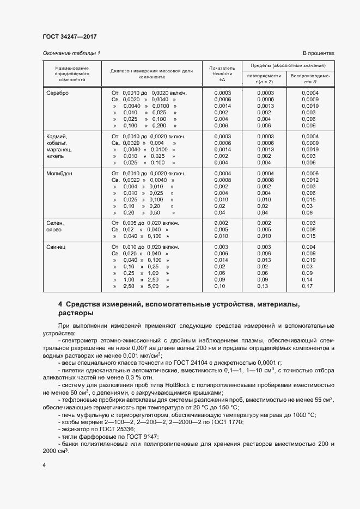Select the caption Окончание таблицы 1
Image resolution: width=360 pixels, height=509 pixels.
[x=71, y=53]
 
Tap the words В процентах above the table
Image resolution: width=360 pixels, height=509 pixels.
[x=318, y=53]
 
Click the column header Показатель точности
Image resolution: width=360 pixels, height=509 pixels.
[x=222, y=73]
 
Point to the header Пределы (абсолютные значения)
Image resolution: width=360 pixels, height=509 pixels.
[x=288, y=65]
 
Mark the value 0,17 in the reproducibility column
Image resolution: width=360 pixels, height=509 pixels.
[x=308, y=286]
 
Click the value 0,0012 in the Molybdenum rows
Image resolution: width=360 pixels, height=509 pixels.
[x=309, y=180]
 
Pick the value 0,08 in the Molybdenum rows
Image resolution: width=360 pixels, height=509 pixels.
[x=308, y=212]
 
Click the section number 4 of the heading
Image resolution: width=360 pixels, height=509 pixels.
[x=60, y=304]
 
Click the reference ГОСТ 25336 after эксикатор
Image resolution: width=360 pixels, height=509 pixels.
[x=101, y=430]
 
